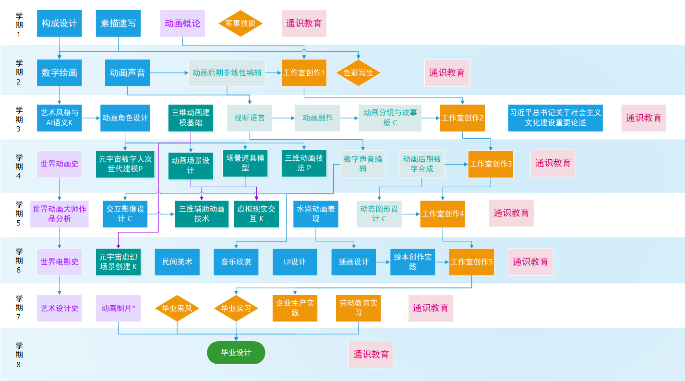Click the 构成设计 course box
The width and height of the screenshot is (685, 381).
(59, 24)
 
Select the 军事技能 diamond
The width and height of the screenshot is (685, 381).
(240, 24)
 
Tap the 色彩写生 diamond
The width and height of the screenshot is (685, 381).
(358, 73)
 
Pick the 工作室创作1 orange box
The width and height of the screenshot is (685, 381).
(304, 73)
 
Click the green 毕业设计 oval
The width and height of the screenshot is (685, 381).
(236, 353)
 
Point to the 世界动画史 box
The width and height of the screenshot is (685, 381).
(60, 164)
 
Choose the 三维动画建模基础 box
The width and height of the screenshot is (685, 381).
(191, 118)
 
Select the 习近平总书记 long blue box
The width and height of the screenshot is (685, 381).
(555, 118)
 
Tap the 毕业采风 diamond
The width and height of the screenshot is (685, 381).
(177, 308)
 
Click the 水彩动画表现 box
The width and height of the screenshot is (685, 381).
(316, 214)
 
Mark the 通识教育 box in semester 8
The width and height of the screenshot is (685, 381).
(371, 355)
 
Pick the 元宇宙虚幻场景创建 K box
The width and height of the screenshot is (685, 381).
(118, 262)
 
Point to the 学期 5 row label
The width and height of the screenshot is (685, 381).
(19, 214)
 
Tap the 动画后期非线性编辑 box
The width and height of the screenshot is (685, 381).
(227, 73)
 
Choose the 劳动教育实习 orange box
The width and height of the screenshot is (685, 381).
(358, 308)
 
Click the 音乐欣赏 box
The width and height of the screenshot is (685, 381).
(236, 262)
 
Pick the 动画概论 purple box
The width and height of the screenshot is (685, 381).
(182, 24)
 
